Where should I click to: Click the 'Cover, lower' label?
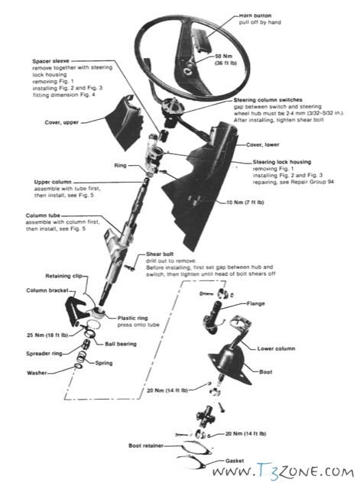[x=264, y=144]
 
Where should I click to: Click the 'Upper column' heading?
[x=54, y=182]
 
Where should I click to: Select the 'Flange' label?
[x=255, y=303]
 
